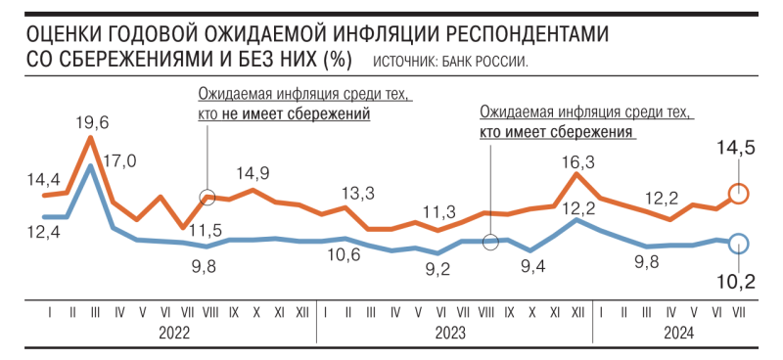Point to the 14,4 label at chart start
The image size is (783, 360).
[45, 180]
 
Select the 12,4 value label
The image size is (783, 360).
[45, 232]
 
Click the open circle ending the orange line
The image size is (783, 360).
[740, 194]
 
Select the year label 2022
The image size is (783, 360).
[173, 332]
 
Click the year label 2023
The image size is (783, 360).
[451, 332]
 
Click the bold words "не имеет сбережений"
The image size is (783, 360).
[309, 114]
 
